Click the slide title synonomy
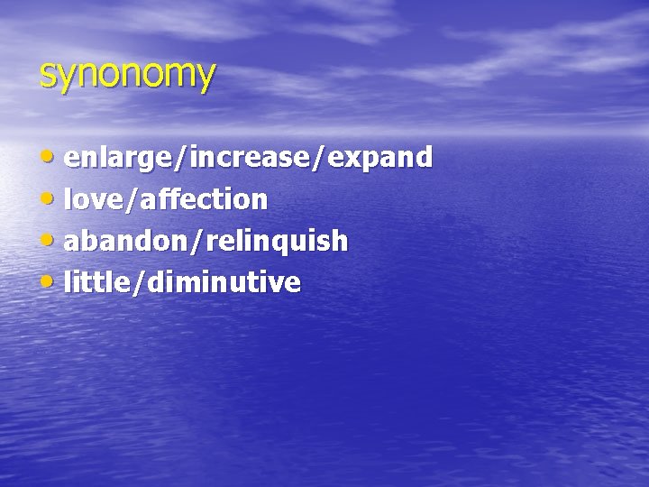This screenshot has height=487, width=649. coord(127,75)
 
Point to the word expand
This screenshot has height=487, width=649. coord(379,159)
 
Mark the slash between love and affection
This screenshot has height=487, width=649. coord(131,200)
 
